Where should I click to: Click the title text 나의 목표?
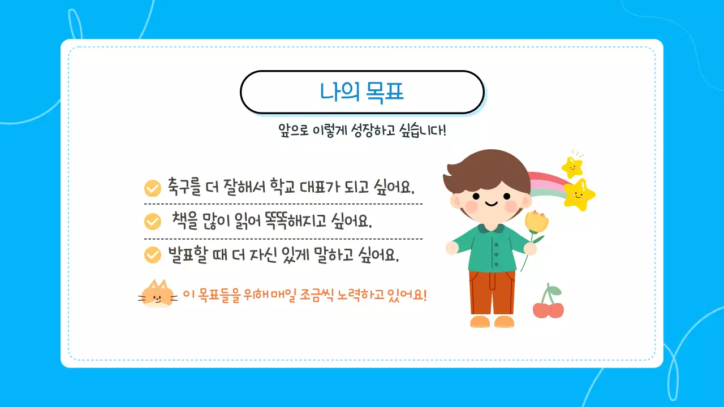362,92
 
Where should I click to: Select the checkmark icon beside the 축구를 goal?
153,188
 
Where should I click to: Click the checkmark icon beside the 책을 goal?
153,221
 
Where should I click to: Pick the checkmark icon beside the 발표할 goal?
153,255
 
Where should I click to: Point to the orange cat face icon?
157,294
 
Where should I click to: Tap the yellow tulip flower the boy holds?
536,222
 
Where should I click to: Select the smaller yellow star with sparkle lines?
572,167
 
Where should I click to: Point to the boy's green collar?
490,228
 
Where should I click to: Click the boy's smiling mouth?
490,203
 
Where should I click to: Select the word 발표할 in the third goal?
187,255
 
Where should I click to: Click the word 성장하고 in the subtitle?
371,131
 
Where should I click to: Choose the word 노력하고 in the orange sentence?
361,295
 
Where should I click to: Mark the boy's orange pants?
492,292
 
